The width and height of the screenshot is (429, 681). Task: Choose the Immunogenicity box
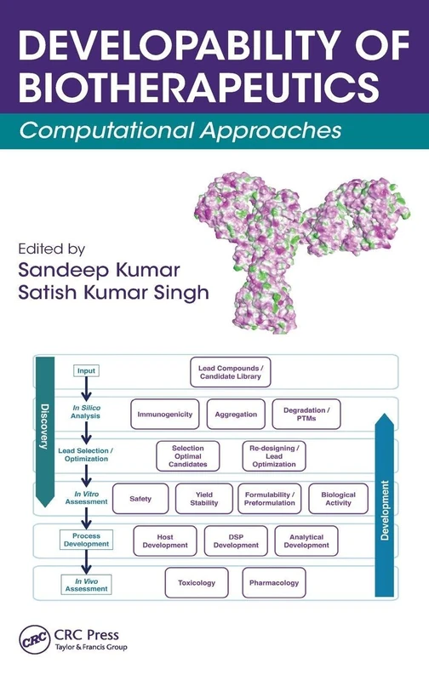tap(164, 414)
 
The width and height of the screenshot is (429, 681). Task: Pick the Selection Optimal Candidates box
tap(187, 455)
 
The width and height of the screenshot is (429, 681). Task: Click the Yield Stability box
tap(203, 498)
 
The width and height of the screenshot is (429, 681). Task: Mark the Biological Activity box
tap(339, 498)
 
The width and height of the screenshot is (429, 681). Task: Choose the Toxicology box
tap(197, 583)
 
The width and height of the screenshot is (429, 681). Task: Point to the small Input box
tap(86, 370)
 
